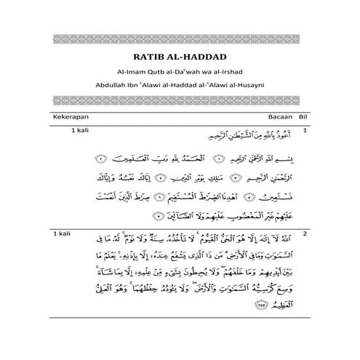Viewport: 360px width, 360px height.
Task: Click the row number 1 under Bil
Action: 305,131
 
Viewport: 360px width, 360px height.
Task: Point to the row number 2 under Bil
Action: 305,233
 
